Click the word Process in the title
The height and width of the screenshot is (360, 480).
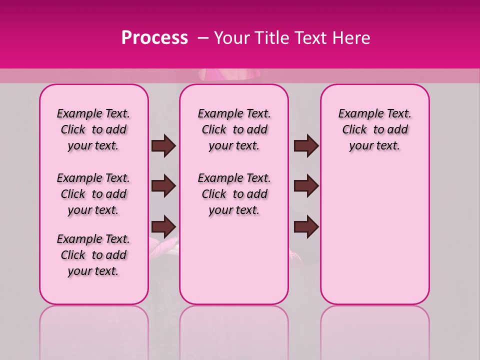click(154, 38)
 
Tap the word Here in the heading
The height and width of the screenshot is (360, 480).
click(351, 38)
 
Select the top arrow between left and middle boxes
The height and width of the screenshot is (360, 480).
click(163, 146)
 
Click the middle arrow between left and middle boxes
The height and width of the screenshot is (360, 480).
click(163, 186)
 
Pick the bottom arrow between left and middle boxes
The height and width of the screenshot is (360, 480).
click(163, 227)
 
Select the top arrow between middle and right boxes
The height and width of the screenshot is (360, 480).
click(306, 146)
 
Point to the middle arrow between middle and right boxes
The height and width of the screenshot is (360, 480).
click(306, 186)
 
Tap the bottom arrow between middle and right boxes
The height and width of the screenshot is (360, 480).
click(306, 227)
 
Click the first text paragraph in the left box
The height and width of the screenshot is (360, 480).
click(93, 130)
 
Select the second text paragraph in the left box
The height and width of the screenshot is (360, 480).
click(93, 194)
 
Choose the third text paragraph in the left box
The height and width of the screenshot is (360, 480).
click(93, 255)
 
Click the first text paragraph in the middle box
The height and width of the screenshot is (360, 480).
click(234, 130)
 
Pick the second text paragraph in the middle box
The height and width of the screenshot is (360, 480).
click(234, 194)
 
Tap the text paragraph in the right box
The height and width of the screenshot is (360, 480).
click(375, 130)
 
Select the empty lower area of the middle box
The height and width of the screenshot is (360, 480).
click(234, 260)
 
